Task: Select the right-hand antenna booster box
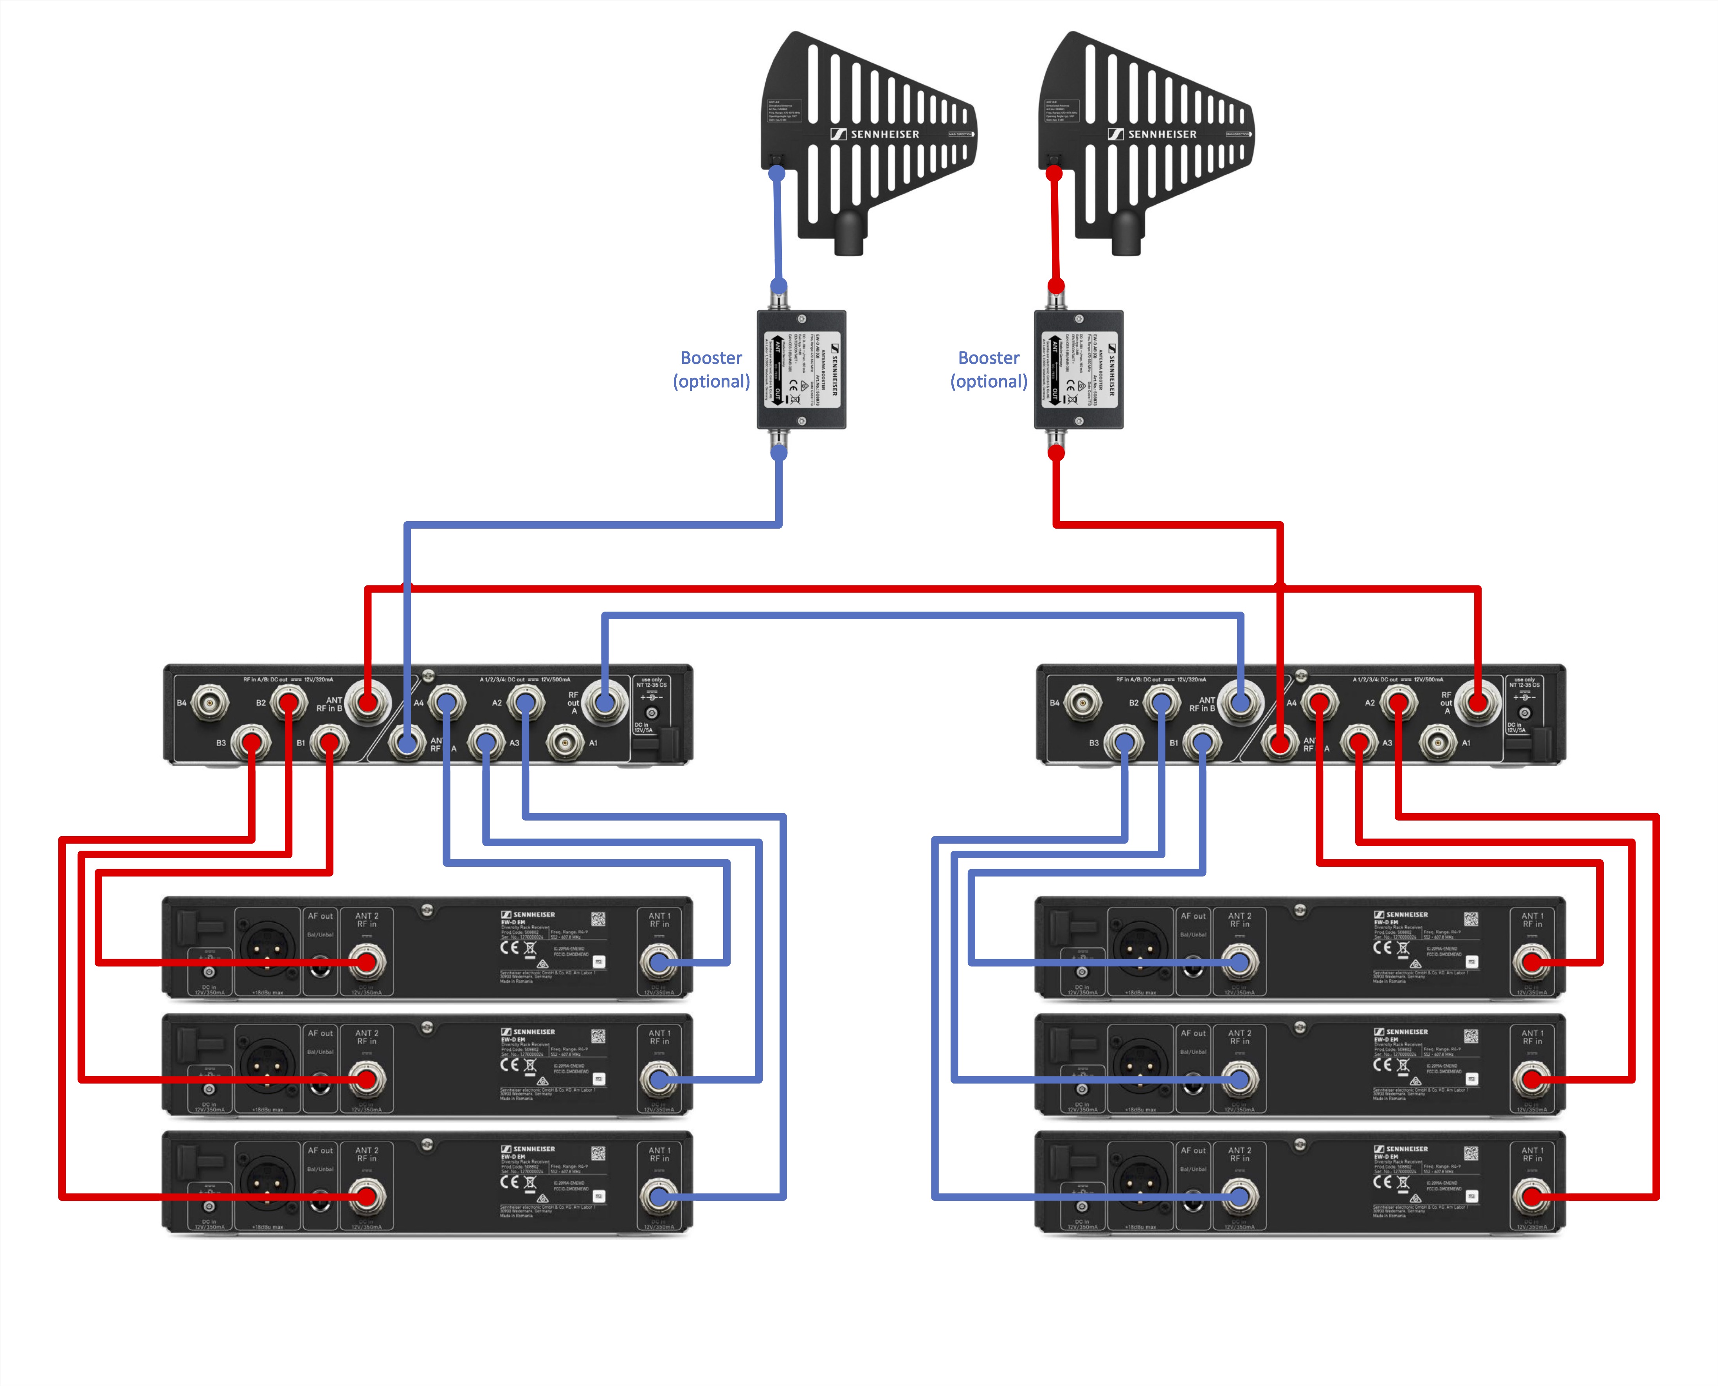1079,370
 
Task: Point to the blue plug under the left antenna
777,173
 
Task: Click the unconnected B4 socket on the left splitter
210,702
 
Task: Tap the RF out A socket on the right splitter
1478,702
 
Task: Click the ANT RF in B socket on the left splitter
367,702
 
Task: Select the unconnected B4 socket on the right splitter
1082,702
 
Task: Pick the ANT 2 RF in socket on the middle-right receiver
1239,1080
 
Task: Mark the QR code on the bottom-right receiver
1471,1153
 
